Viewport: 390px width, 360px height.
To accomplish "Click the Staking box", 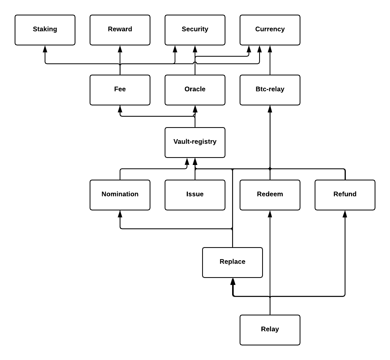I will click(45, 30).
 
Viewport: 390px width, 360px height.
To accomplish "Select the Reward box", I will click(120, 30).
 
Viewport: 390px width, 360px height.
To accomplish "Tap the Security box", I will click(195, 30).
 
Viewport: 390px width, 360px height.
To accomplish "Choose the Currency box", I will click(270, 30).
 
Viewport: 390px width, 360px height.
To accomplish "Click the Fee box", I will click(120, 90).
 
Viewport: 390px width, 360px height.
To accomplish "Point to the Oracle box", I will click(195, 90).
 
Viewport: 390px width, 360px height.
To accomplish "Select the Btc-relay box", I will click(270, 90).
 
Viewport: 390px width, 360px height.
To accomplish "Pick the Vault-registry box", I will click(195, 142).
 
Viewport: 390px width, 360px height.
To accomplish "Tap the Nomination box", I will click(120, 195).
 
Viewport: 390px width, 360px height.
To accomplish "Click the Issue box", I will click(195, 195).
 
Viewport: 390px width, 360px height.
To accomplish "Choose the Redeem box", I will click(270, 195).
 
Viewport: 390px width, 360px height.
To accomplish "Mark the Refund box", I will click(345, 195).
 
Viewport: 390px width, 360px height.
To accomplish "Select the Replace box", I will click(232, 262).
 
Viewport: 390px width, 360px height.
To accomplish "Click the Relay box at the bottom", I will click(270, 330).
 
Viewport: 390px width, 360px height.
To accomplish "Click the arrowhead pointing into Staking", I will click(45, 49).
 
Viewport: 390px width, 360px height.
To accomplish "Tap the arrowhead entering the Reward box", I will click(120, 49).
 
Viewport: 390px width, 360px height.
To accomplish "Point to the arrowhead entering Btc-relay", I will click(270, 109).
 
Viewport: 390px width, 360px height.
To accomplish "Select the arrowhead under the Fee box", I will click(120, 109).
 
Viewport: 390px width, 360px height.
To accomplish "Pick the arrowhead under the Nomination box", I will click(120, 214).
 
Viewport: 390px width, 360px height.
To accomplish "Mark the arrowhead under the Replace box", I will click(232, 281).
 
